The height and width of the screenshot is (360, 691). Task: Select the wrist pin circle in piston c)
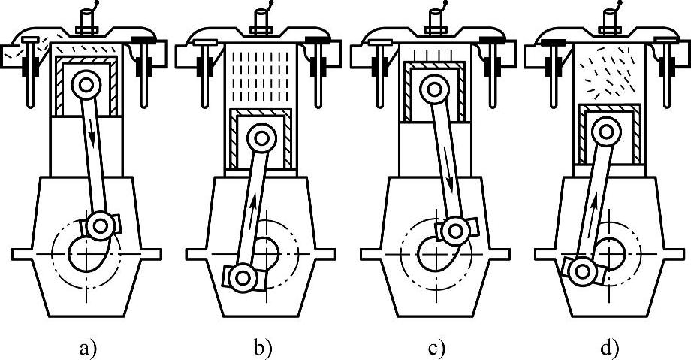[x=433, y=89]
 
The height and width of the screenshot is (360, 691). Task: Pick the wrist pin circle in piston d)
[x=607, y=132]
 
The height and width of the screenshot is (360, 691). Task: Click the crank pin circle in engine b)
[x=243, y=277]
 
